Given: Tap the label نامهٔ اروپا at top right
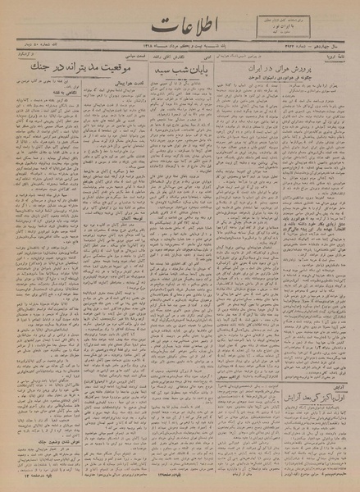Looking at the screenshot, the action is click(339, 59).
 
